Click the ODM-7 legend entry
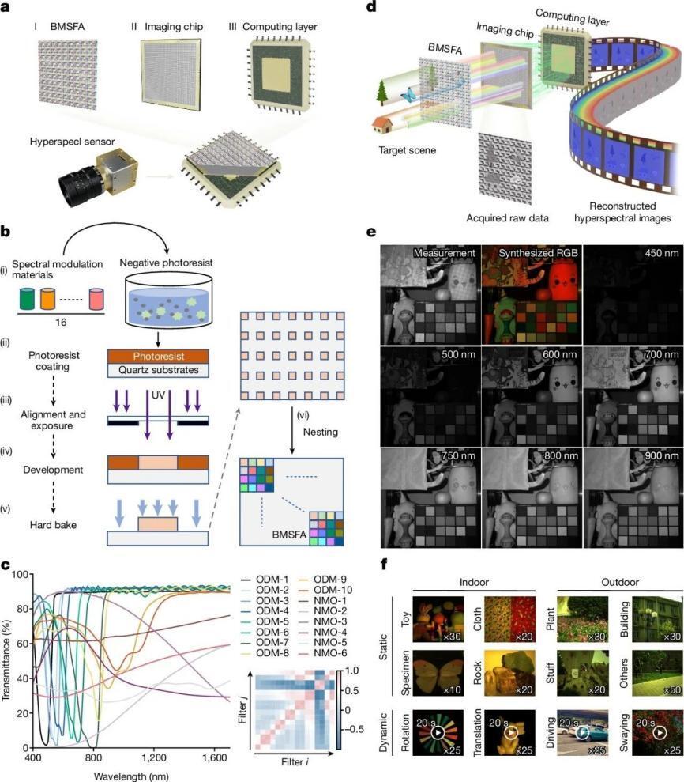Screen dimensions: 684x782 (265, 642)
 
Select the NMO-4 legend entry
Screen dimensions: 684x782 (323, 632)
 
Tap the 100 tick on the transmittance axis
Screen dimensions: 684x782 (20, 574)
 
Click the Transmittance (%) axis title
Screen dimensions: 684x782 (6, 660)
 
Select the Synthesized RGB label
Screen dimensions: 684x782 (538, 253)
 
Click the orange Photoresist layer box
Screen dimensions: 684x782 (159, 356)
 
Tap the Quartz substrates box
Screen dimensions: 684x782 (159, 370)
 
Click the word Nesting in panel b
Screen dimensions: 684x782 (321, 432)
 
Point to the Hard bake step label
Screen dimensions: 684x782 (53, 525)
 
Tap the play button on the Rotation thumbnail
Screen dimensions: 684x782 (438, 732)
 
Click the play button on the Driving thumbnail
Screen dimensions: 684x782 (582, 732)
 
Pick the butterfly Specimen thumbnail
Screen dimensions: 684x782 (438, 673)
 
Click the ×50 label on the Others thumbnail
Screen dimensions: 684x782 (672, 689)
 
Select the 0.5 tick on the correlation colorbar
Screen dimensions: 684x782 (351, 691)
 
